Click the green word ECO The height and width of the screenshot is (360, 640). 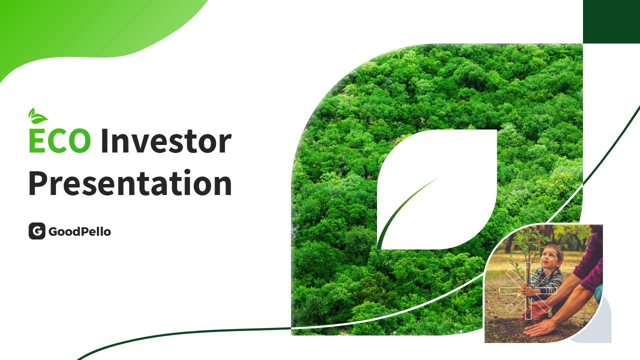[x=59, y=140]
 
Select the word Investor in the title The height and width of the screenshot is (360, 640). [x=166, y=140]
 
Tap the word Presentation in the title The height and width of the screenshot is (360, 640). [x=130, y=182]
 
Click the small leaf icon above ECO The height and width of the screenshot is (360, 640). [x=37, y=116]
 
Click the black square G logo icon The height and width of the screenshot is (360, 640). [x=37, y=231]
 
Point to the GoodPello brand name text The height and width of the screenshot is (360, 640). [x=79, y=231]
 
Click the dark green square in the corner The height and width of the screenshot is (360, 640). [x=611, y=21]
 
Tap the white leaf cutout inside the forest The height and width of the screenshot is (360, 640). [x=437, y=189]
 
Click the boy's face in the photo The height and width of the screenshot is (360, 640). [x=550, y=257]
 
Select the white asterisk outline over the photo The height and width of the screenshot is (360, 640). [x=528, y=291]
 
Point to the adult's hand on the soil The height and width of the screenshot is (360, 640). [x=540, y=327]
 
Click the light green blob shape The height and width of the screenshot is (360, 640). [x=94, y=31]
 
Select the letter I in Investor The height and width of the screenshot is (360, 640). [x=104, y=141]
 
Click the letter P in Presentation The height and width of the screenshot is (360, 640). [x=37, y=183]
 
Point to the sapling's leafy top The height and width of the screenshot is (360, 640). [x=528, y=243]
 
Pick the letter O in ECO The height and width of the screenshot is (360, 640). [x=79, y=141]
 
